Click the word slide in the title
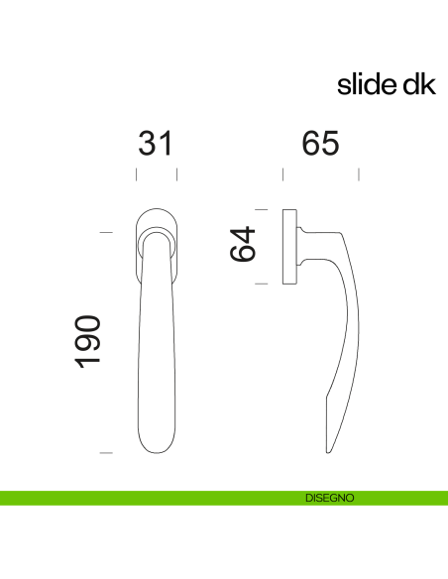pyautogui.click(x=365, y=85)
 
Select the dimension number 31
pyautogui.click(x=156, y=143)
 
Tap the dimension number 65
pyautogui.click(x=320, y=143)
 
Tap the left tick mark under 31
pyautogui.click(x=136, y=175)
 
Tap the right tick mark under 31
pyautogui.click(x=176, y=175)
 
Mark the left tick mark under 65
pyautogui.click(x=282, y=175)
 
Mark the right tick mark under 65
pyautogui.click(x=359, y=175)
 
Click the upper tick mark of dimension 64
pyautogui.click(x=262, y=209)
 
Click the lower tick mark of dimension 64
pyautogui.click(x=262, y=285)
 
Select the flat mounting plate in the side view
pyautogui.click(x=290, y=247)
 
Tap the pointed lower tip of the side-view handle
pyautogui.click(x=329, y=449)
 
